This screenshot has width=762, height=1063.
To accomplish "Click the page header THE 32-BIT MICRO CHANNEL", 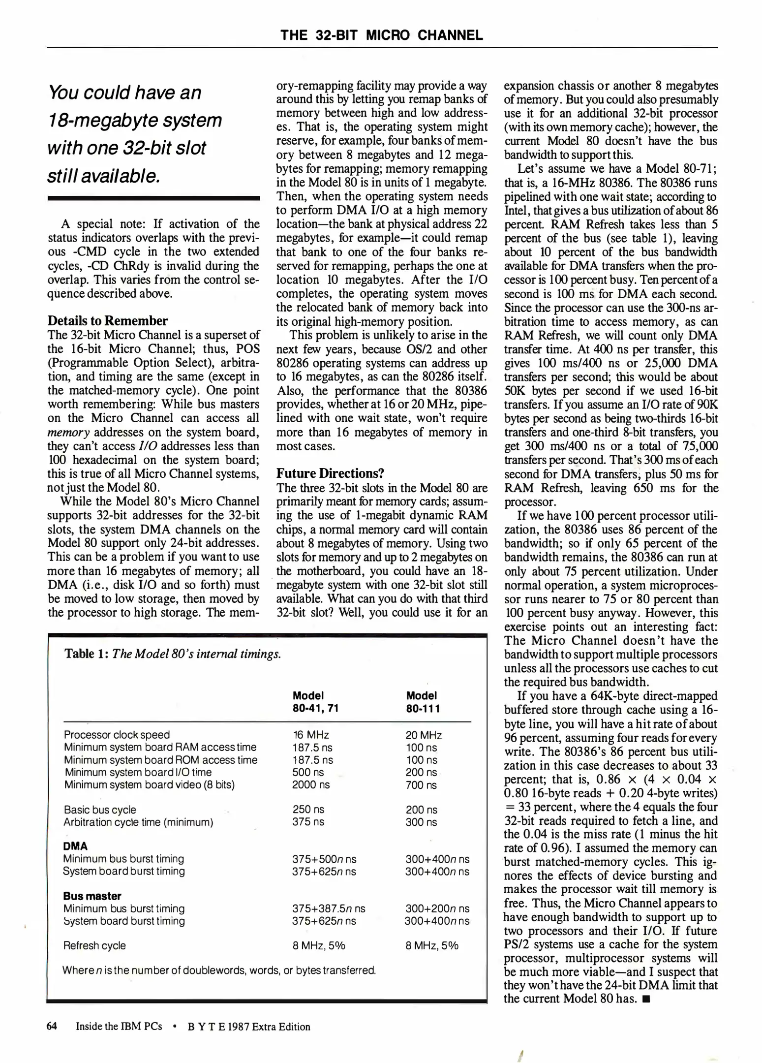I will point(382,35).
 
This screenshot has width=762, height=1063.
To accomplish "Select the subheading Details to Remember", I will point(108,321).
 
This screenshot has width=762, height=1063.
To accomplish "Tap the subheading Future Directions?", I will point(330,473).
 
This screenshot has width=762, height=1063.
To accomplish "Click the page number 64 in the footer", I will point(52,1026).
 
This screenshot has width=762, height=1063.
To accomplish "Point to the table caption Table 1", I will point(87,654).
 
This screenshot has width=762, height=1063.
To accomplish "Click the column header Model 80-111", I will point(423,702).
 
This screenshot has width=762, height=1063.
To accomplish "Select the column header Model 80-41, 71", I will point(315,702).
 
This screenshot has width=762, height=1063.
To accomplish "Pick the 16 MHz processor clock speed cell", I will point(310,735).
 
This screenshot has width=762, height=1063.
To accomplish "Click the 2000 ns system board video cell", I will point(311,785).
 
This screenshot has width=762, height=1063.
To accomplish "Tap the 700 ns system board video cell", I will point(421,785).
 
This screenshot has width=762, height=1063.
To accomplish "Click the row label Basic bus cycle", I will point(100,810).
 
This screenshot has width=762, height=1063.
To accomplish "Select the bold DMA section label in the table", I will point(75,846).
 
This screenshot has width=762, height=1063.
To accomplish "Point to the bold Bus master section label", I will point(92,896).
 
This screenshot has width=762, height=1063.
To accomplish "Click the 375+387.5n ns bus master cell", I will point(328,908).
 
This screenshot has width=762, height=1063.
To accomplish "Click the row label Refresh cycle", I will point(94,945).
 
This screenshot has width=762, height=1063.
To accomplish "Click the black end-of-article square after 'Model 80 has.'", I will point(646,999).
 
